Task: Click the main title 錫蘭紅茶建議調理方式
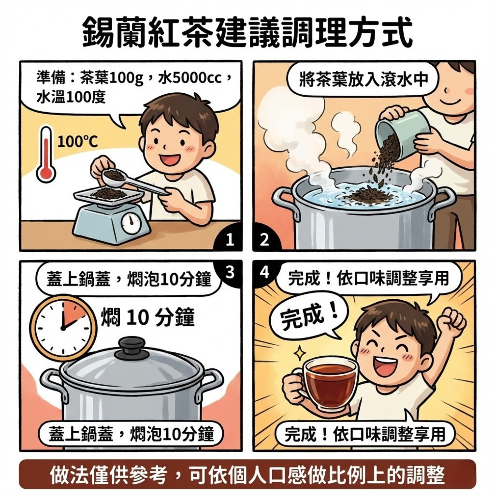[x=247, y=32]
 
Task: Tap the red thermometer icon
[x=46, y=155]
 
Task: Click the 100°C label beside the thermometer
[x=78, y=142]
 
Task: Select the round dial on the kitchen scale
[x=131, y=223]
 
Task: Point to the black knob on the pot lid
[x=132, y=346]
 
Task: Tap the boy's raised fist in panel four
[x=452, y=321]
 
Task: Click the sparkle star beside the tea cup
[x=300, y=353]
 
